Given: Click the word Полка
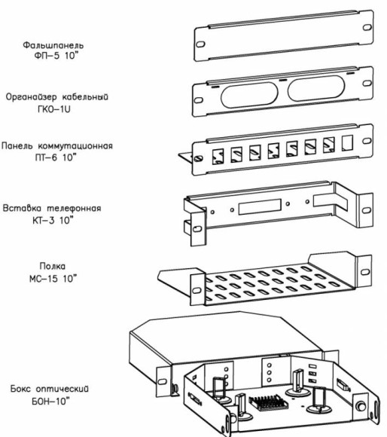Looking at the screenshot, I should pos(53,266).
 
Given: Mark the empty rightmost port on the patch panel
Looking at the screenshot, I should pos(346,142).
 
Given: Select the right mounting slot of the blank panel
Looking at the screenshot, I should pos(366,28).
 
